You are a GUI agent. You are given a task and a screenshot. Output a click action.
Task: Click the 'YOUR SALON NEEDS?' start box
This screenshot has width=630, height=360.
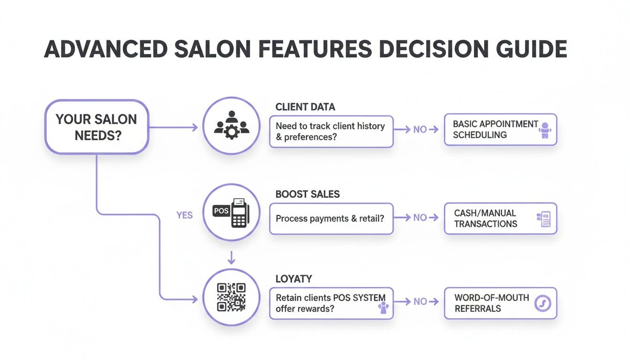coord(97,127)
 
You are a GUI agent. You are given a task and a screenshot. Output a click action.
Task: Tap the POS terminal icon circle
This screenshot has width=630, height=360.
coord(231,212)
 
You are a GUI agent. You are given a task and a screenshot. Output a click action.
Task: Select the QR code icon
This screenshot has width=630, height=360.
coord(231,297)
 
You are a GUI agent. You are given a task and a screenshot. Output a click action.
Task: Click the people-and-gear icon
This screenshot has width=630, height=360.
coord(232,125)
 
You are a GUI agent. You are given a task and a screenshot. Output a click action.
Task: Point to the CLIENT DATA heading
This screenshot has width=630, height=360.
coord(305,107)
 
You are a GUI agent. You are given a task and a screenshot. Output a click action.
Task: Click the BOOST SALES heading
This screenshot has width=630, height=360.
coord(307,195)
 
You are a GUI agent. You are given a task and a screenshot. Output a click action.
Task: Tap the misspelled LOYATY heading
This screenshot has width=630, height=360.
coord(293,279)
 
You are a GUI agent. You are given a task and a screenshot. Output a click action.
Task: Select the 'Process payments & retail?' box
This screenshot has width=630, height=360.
coord(331,219)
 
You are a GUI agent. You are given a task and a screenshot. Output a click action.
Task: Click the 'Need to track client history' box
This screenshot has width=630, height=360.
coord(331,132)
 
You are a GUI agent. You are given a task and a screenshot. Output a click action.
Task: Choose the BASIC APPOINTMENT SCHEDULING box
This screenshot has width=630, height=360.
coord(501,130)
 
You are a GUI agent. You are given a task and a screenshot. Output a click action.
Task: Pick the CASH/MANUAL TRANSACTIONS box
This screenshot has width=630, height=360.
coord(501,218)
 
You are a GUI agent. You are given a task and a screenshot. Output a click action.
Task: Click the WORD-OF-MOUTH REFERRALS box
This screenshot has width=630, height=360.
coord(501,303)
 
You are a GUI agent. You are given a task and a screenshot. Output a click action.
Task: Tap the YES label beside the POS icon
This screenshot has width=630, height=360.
coord(185,216)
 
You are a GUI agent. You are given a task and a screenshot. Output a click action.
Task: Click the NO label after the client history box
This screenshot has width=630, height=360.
coord(420,130)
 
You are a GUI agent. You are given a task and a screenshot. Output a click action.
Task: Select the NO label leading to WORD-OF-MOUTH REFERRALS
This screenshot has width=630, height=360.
coord(420,302)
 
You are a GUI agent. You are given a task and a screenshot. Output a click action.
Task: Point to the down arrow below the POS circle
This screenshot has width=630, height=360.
coord(231,258)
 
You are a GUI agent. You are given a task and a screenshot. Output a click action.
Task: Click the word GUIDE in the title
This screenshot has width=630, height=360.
coord(532,49)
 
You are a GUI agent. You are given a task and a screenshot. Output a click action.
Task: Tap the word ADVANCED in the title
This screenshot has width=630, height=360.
coord(106,49)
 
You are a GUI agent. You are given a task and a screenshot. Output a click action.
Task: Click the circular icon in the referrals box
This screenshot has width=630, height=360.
coord(542,303)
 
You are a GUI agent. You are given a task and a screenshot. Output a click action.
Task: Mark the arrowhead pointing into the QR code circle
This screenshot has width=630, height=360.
coord(195,299)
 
